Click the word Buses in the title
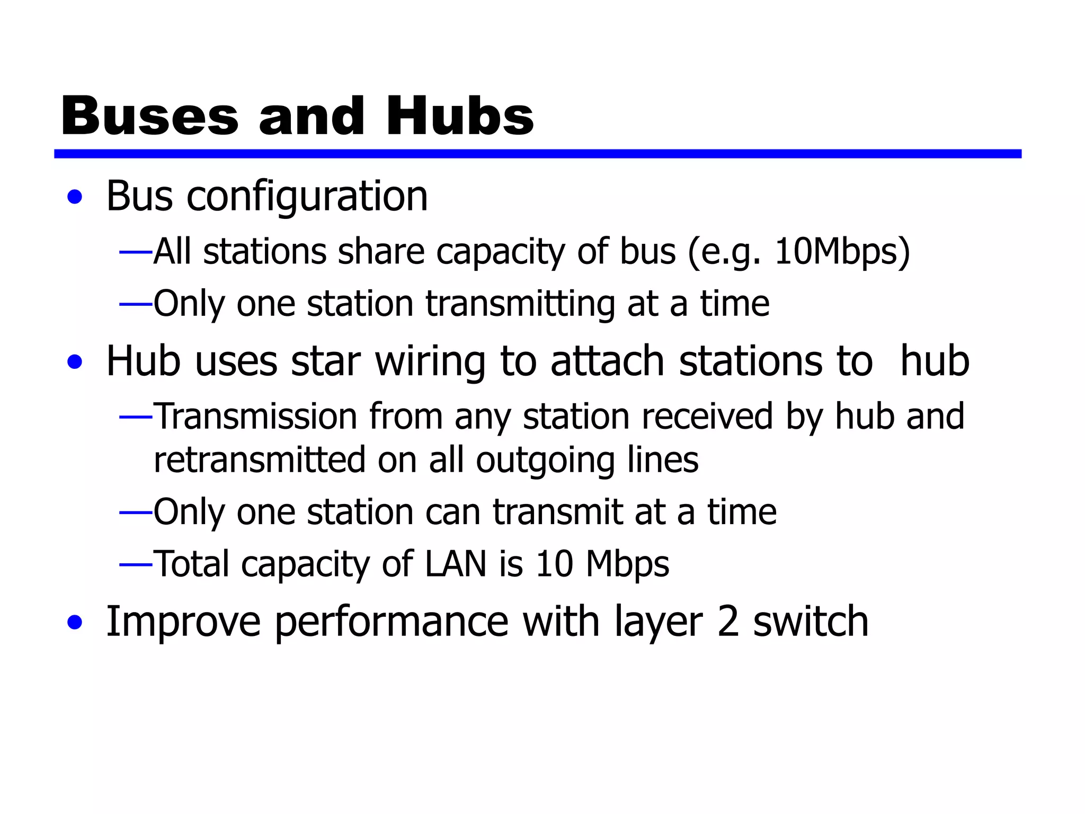(150, 116)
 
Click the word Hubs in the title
(459, 116)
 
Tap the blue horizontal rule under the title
(537, 154)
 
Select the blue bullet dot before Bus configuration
(75, 197)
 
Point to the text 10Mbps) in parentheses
(842, 251)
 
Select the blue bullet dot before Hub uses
(75, 362)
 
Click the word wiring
(430, 362)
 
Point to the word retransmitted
(260, 459)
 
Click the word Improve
(183, 622)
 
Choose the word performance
(392, 622)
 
